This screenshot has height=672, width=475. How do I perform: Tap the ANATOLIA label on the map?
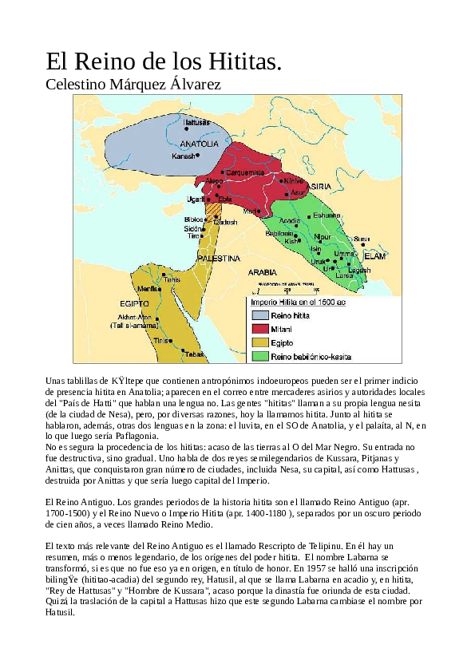(x=199, y=144)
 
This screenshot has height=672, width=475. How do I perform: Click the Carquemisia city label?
(x=245, y=172)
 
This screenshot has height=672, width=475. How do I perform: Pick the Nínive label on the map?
(x=295, y=181)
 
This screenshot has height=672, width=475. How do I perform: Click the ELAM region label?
(x=374, y=256)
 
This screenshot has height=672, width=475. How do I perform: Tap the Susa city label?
(x=362, y=238)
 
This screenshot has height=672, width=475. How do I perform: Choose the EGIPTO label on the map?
(x=135, y=304)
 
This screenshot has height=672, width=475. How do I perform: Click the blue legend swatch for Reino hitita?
(x=259, y=316)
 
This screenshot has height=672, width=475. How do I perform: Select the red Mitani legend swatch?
(x=259, y=329)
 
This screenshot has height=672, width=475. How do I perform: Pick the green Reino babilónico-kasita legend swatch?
(x=259, y=355)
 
